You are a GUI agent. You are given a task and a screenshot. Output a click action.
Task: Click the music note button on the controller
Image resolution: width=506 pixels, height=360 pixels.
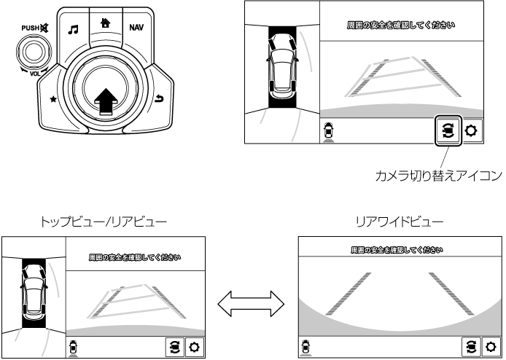[x=73, y=29]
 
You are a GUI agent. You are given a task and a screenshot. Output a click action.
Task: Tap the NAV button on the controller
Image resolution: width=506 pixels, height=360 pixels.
[x=136, y=28]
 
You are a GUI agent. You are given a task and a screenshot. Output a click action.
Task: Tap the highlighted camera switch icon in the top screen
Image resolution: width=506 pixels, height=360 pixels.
[x=447, y=131]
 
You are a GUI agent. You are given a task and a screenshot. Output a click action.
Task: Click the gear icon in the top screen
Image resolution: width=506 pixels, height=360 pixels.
[x=472, y=131]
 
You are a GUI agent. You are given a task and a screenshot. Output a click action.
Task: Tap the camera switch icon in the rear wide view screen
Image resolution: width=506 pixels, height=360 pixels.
[x=470, y=346]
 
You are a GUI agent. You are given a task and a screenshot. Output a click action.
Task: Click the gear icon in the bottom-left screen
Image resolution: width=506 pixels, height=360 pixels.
[x=195, y=346]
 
